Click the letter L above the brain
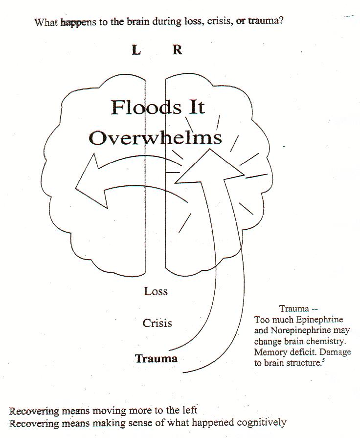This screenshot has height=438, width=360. (136, 50)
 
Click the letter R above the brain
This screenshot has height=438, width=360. (177, 50)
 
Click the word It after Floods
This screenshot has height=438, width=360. (196, 108)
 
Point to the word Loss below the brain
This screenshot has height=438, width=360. (156, 291)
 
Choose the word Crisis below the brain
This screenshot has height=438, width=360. (157, 323)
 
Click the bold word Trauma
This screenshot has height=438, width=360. (157, 358)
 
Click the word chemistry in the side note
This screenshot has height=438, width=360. (328, 341)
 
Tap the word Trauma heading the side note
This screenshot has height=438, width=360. (294, 308)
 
